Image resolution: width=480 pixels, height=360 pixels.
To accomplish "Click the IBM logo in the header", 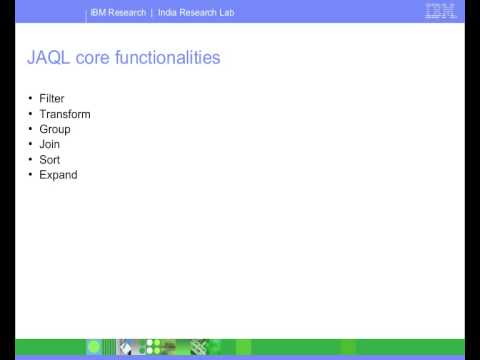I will [x=440, y=13].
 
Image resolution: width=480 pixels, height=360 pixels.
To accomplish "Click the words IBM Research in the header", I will [x=118, y=13].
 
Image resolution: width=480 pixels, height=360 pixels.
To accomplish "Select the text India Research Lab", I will [x=196, y=13].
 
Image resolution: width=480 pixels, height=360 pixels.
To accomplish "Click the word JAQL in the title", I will [x=46, y=59].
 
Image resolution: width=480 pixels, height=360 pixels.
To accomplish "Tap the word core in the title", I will [x=92, y=59].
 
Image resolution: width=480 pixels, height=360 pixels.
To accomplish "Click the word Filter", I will [x=52, y=99].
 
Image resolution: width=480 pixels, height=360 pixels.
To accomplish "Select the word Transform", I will [x=65, y=114].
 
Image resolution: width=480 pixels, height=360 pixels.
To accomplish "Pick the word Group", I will [x=55, y=129].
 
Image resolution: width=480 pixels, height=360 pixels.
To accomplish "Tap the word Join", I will [x=50, y=144].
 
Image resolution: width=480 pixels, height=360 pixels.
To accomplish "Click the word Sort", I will [x=50, y=159].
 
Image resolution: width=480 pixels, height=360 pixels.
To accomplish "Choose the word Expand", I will [x=58, y=174].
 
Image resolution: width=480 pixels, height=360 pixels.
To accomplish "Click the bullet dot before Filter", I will [x=30, y=99].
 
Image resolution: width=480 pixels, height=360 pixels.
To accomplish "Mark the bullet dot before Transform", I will [x=30, y=114].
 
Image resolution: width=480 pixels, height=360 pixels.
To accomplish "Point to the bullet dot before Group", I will [x=30, y=129].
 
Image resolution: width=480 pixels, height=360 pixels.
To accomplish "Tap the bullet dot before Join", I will [x=30, y=144].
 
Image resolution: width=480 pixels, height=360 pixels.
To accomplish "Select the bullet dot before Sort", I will [x=30, y=159].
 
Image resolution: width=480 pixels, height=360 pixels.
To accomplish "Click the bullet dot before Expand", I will [x=30, y=174].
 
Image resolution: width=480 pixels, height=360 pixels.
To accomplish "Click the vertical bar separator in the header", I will [x=152, y=13].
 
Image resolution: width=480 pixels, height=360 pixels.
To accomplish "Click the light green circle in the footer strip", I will [x=94, y=347].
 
